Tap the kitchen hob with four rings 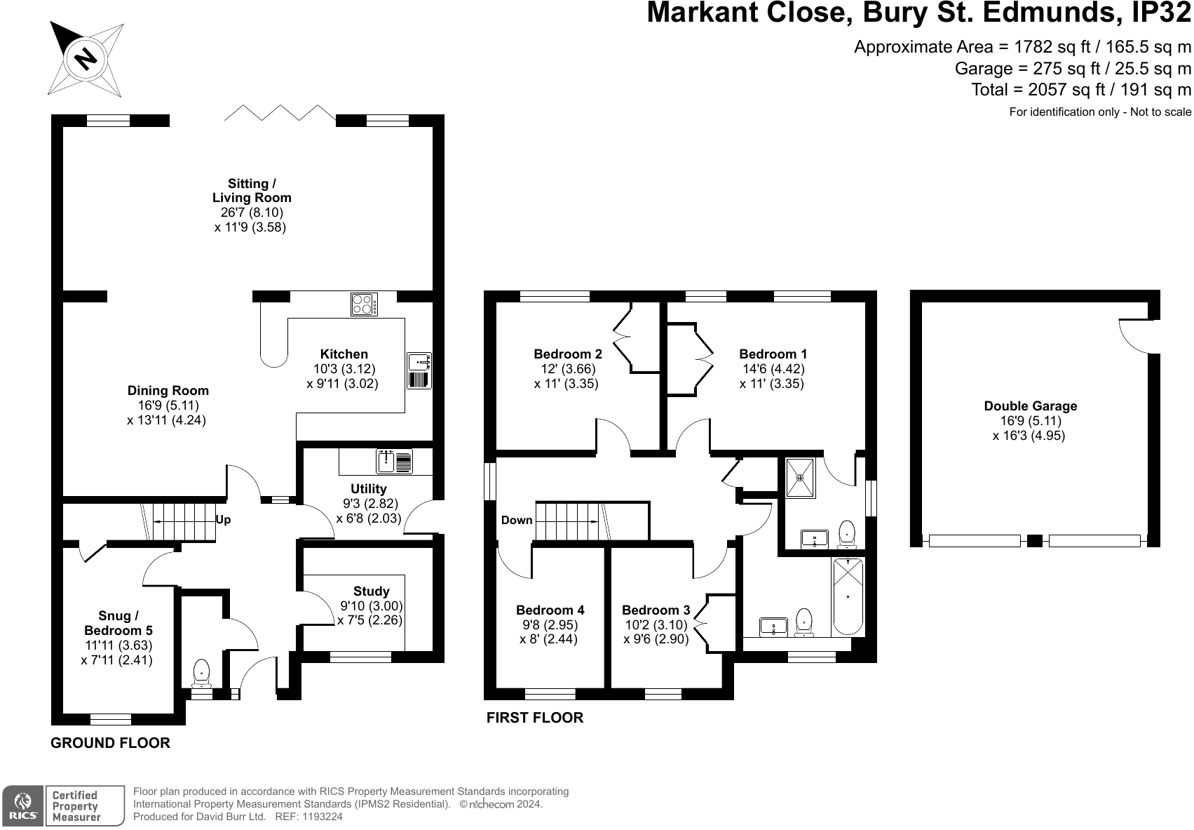364,304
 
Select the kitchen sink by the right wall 419,370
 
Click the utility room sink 395,462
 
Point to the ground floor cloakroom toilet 201,672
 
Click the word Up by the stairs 223,521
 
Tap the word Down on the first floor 517,521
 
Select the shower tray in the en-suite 800,477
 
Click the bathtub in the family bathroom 848,596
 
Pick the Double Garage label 1030,406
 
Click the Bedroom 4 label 550,610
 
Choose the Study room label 371,591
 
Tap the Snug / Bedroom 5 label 118,623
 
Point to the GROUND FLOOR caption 110,743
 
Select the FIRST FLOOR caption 534,718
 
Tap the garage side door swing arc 1134,336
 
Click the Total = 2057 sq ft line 1080,90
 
